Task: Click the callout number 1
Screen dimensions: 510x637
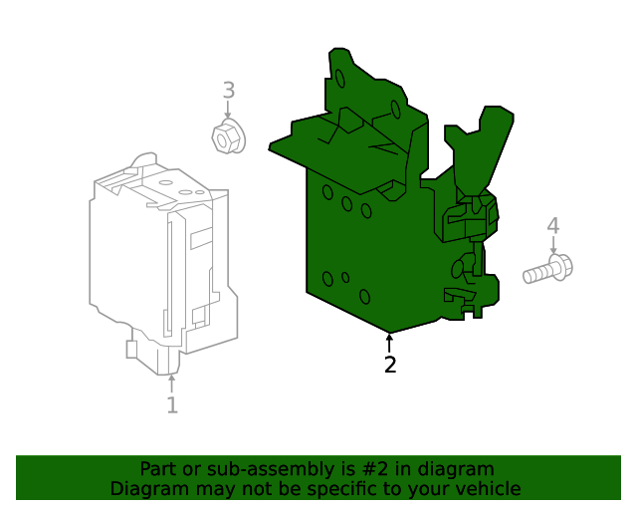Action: [171, 405]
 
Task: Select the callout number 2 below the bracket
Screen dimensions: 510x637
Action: [390, 366]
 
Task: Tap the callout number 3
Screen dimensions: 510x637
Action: [228, 91]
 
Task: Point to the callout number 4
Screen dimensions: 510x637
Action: [553, 227]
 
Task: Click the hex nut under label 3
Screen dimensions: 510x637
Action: [228, 137]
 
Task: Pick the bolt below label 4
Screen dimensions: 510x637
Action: [548, 269]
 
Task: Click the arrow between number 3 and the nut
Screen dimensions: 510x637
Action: [228, 113]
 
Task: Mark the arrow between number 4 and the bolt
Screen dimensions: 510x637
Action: [553, 247]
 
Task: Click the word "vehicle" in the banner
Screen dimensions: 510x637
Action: [485, 489]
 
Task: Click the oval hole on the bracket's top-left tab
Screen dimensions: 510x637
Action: [339, 78]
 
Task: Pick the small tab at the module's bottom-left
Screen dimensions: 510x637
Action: [131, 349]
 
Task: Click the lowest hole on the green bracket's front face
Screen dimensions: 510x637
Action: [364, 296]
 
